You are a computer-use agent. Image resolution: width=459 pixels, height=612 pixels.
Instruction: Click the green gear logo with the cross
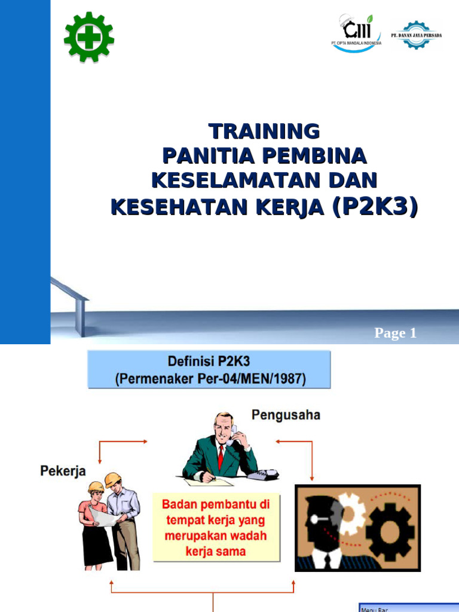click(x=88, y=38)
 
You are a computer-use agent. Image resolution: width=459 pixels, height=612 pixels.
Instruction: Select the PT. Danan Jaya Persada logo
click(x=416, y=35)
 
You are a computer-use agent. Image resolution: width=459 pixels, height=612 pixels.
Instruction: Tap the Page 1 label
click(x=395, y=333)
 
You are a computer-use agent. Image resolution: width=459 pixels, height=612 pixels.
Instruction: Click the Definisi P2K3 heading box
click(x=209, y=370)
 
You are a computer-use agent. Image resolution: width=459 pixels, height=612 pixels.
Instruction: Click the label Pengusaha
click(x=286, y=415)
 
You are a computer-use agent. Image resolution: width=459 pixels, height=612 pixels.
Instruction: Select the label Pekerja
click(x=63, y=471)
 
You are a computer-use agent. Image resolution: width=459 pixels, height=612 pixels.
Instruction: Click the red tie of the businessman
click(x=221, y=458)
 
